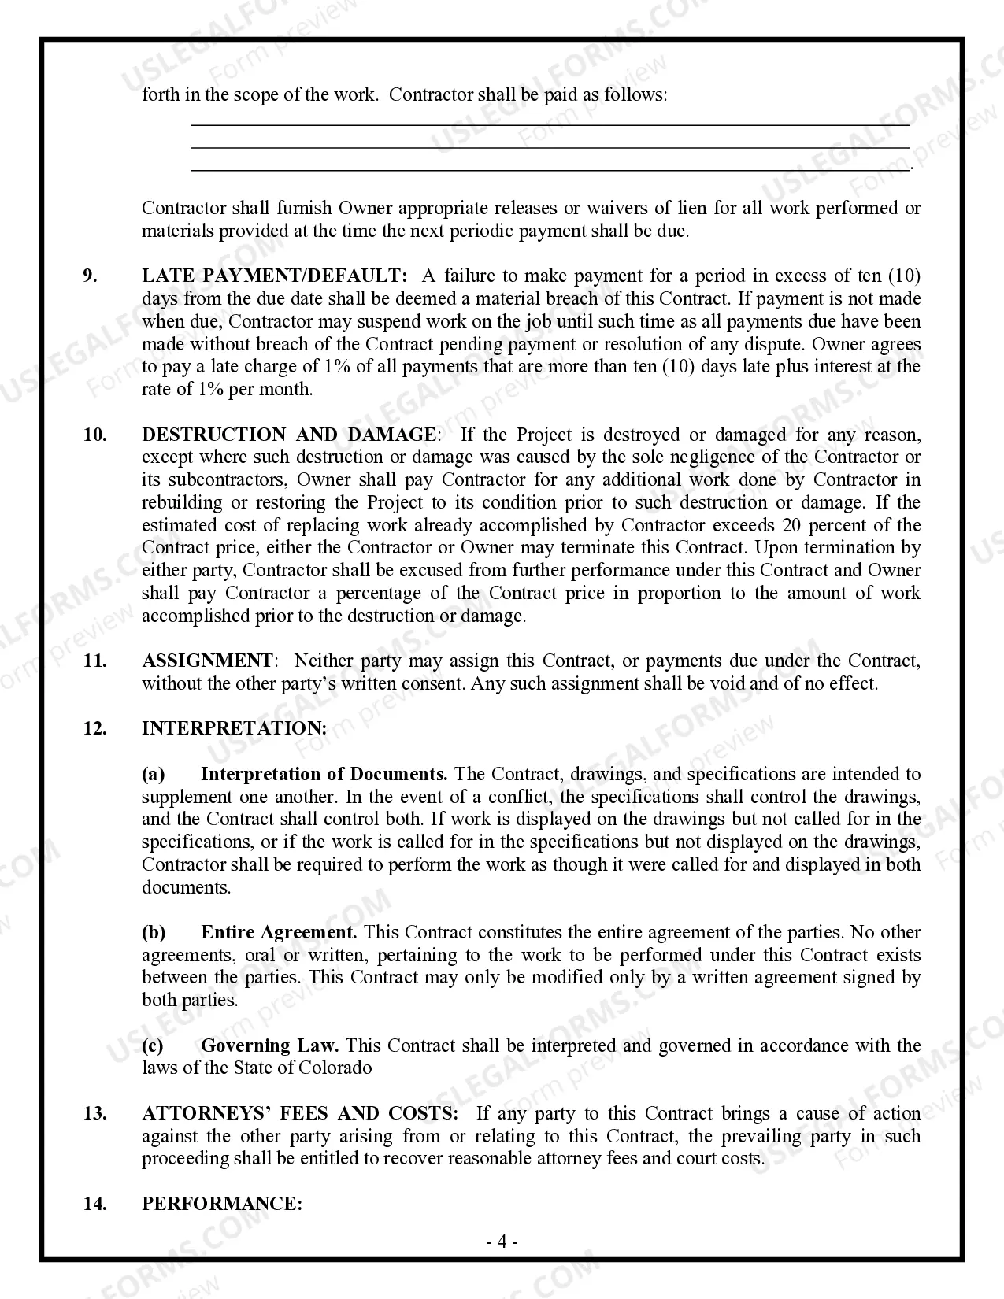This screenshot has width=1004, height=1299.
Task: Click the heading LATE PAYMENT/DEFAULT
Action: pyautogui.click(x=275, y=276)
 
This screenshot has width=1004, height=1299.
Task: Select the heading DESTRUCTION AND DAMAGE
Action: pyautogui.click(x=288, y=435)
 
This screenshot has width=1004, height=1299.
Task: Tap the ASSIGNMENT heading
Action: pyautogui.click(x=207, y=661)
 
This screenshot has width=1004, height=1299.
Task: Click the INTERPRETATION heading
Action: pyautogui.click(x=234, y=728)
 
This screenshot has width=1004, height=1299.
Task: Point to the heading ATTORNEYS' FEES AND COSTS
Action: pyautogui.click(x=300, y=1113)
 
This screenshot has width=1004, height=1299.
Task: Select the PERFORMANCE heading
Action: pyautogui.click(x=222, y=1204)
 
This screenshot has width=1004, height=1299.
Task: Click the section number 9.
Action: pyautogui.click(x=91, y=276)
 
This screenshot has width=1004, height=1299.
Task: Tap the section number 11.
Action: pyautogui.click(x=94, y=661)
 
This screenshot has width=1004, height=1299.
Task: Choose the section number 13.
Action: pyautogui.click(x=94, y=1113)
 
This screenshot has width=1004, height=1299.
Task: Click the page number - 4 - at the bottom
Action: pyautogui.click(x=502, y=1242)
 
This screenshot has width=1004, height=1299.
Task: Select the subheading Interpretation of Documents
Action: pyautogui.click(x=324, y=774)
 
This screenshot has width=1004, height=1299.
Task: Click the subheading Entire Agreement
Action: pyautogui.click(x=279, y=932)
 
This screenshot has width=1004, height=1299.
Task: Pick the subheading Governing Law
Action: pyautogui.click(x=269, y=1045)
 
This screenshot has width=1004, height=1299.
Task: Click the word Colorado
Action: pyautogui.click(x=339, y=1068)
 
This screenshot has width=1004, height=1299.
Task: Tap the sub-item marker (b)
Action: pyautogui.click(x=154, y=932)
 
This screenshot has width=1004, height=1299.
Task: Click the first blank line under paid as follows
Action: pyautogui.click(x=550, y=124)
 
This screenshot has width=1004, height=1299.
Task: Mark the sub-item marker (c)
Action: pyautogui.click(x=153, y=1045)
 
